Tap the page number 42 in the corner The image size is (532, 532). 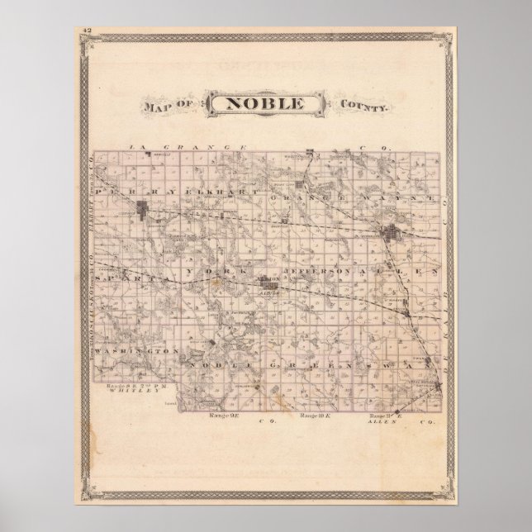86,31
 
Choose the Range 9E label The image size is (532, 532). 228,414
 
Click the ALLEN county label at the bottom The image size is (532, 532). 382,422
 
